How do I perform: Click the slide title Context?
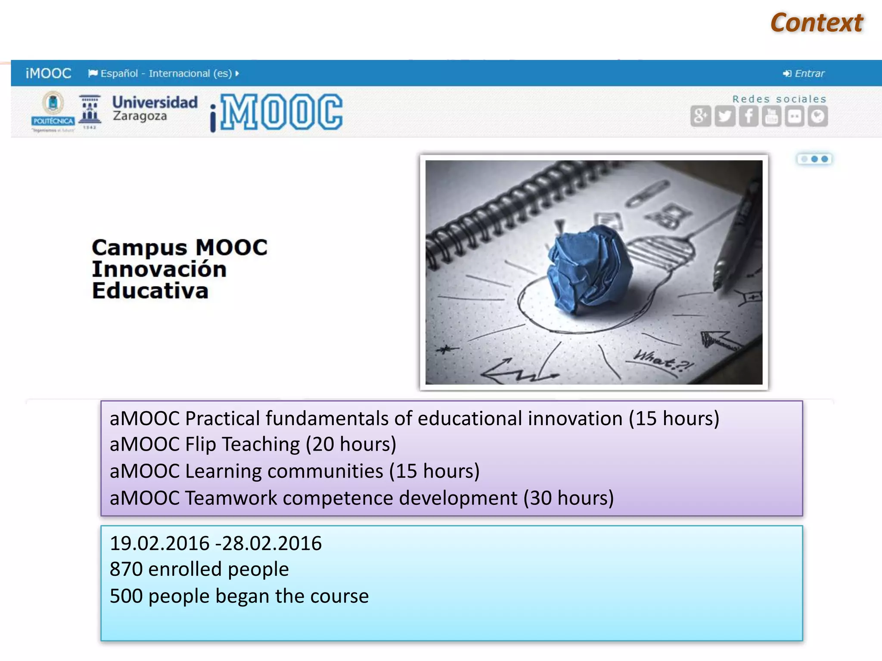[817, 23]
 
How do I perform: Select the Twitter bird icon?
[725, 116]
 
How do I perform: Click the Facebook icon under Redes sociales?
[748, 116]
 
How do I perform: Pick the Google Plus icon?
[701, 116]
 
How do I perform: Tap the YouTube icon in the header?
[771, 116]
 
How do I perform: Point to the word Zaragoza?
[140, 116]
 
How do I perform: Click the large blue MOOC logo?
[278, 112]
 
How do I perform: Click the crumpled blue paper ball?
[589, 269]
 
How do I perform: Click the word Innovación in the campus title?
[159, 269]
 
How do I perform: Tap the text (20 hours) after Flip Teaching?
[351, 444]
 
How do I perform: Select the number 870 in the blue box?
[126, 569]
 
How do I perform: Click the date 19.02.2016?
[159, 543]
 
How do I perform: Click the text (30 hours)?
[568, 498]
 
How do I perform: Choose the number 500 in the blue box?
[126, 596]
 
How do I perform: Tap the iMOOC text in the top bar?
[48, 74]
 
